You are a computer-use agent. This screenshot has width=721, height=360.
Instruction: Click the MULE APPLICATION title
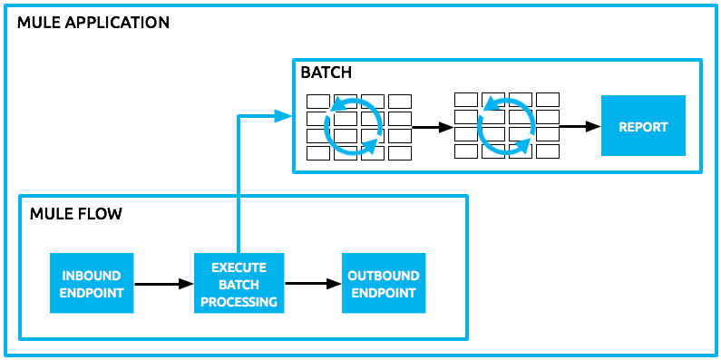coord(93,22)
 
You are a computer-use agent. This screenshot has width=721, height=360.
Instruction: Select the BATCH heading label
coord(326,72)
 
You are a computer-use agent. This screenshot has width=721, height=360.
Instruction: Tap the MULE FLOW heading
coord(75,214)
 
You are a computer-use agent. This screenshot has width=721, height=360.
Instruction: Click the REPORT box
coord(642,127)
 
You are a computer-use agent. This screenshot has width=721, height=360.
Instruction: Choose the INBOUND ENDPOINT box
coord(91,284)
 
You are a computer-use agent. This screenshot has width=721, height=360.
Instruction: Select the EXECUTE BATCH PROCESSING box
coord(239,284)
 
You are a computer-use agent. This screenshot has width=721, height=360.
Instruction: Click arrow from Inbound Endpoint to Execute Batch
coord(163,284)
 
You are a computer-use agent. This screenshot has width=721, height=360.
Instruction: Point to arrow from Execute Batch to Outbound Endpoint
coord(311,284)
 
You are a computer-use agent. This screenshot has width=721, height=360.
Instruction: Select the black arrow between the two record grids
coord(432,128)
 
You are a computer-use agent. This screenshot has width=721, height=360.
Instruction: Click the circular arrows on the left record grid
coord(357,127)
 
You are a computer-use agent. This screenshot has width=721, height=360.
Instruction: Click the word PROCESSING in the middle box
coord(239,302)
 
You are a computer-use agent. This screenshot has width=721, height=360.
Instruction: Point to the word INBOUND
coord(91,276)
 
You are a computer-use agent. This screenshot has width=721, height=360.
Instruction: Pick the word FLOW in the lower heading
coord(102,214)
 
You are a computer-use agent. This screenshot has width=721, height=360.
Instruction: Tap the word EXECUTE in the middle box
coord(239,268)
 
